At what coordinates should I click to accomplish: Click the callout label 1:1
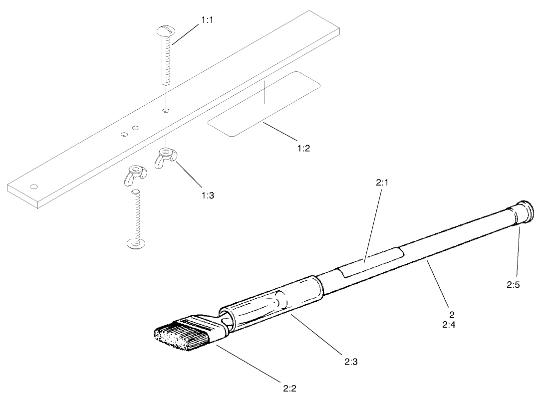(208, 20)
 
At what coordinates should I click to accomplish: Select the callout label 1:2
(302, 148)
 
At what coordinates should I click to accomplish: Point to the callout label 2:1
(382, 183)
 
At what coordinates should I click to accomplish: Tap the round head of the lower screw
(136, 243)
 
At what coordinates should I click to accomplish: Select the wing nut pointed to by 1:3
(165, 158)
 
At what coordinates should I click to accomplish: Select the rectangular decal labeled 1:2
(264, 103)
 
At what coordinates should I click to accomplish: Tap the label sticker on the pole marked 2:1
(369, 262)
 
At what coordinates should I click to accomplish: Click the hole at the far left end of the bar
(33, 187)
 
